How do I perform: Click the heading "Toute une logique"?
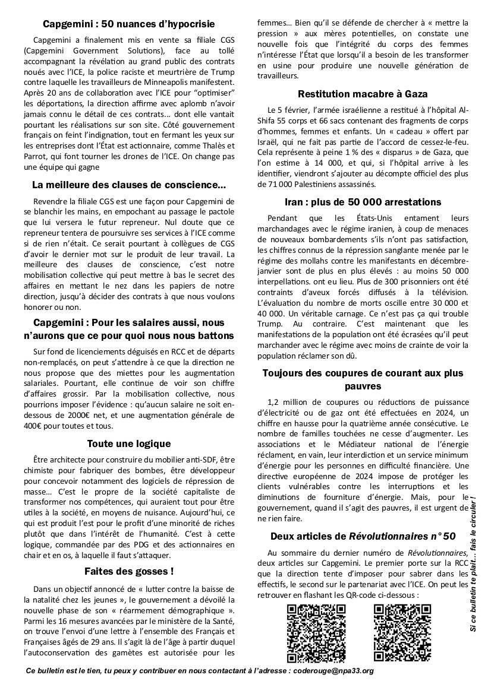(129, 443)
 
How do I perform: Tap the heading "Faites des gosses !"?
(129, 572)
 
